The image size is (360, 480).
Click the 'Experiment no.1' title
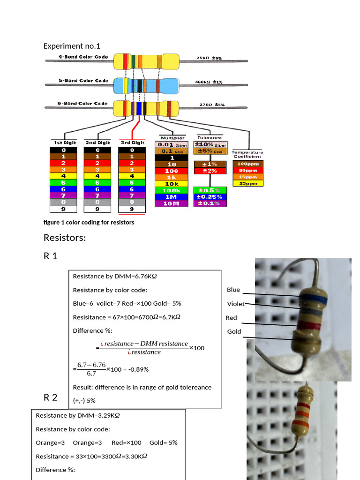tap(72, 46)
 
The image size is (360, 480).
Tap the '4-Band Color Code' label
tap(83, 57)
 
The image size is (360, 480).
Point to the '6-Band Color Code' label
tap(83, 104)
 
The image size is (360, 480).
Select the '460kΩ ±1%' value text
tap(209, 82)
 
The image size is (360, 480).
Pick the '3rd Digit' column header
tap(132, 142)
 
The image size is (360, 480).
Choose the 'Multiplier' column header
tap(172, 138)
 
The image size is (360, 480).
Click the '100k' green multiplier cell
tap(172, 190)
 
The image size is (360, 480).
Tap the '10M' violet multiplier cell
tap(172, 203)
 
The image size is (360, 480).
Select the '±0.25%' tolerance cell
tap(210, 197)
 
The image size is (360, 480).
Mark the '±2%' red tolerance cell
tap(210, 171)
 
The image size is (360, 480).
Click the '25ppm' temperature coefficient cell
tap(248, 183)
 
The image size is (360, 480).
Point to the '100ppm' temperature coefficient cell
tap(248, 164)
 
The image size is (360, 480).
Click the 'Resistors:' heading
tap(65, 238)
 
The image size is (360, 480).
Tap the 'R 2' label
tap(51, 397)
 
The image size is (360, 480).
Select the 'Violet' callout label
tap(235, 304)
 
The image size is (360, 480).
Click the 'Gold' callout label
tap(234, 331)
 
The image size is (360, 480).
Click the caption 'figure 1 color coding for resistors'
tap(89, 222)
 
